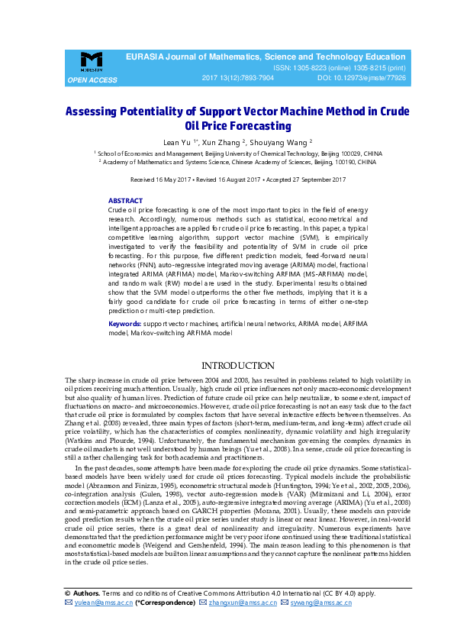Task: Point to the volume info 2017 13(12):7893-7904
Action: pos(237,78)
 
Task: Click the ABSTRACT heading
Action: pos(125,200)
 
